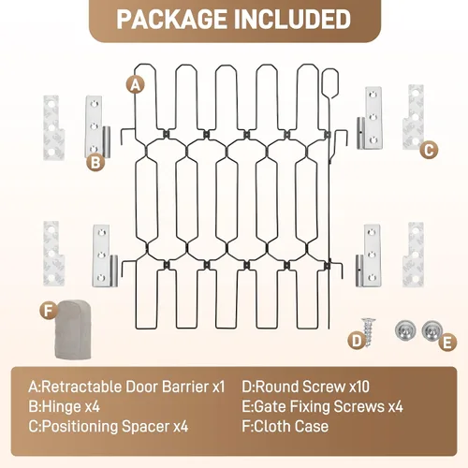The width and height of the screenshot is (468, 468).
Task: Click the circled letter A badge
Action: pos(136,84)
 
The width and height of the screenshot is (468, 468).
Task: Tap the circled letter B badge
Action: pos(95,162)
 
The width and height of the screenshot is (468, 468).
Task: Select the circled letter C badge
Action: pos(429,151)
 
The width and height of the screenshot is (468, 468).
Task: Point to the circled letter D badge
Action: pos(358,341)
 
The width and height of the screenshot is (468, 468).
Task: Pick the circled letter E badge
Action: pos(447,343)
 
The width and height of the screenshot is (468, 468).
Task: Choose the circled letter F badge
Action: pos(49,311)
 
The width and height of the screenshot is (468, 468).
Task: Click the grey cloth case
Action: pos(73,329)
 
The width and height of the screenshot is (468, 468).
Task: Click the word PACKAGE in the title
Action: pos(171,20)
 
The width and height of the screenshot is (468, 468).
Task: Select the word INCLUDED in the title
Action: pos(292,20)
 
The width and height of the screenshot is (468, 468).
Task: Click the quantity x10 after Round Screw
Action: pos(359,387)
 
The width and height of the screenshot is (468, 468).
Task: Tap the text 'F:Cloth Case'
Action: pos(285,427)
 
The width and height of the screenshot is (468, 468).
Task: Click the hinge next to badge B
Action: pos(97,127)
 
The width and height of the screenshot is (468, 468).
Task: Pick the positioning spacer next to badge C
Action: pos(413,116)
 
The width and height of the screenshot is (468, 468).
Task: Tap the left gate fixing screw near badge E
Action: pos(405,330)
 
